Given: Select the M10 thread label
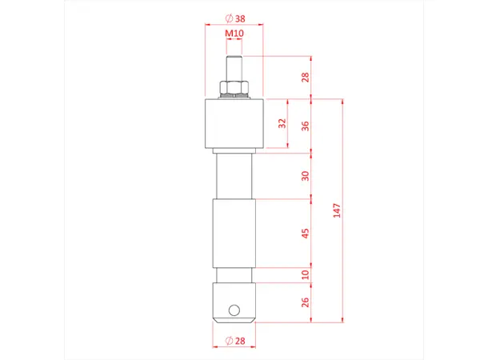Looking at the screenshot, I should pyautogui.click(x=234, y=34).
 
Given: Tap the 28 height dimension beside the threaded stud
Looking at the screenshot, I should pyautogui.click(x=305, y=78).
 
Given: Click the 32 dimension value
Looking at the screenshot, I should pyautogui.click(x=281, y=123).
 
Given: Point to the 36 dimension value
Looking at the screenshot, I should pyautogui.click(x=305, y=126).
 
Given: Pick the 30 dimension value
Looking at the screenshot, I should pyautogui.click(x=305, y=176).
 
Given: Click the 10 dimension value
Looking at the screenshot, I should pyautogui.click(x=305, y=274).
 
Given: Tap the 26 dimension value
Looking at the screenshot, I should pyautogui.click(x=305, y=302).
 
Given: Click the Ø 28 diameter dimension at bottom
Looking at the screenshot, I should pyautogui.click(x=234, y=342).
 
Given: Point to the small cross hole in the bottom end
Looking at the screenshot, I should pyautogui.click(x=234, y=309).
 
